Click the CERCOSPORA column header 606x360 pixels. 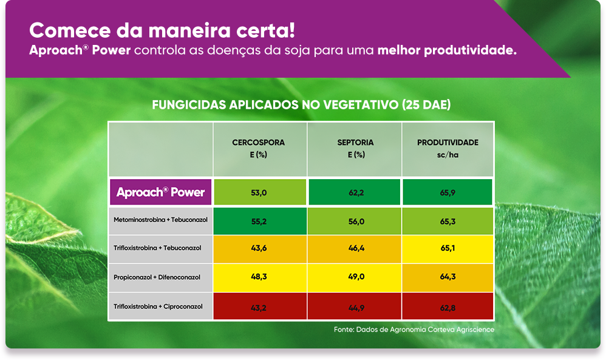pos(259,149)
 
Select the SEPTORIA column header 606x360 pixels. pos(355,149)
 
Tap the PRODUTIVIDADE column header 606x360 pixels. pos(448,149)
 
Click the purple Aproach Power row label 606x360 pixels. pos(161,192)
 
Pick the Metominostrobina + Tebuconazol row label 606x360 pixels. pos(160,220)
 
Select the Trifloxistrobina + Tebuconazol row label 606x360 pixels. pos(157,248)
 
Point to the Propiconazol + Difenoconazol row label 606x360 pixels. pos(157,277)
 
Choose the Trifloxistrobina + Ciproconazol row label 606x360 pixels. pos(158,307)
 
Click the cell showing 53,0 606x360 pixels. pos(260,192)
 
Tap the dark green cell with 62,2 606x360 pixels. pos(355,192)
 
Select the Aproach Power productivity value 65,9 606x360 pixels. pos(448,192)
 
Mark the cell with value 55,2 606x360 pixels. pos(260,221)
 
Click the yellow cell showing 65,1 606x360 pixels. pos(448,249)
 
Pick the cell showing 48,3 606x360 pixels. pos(260,277)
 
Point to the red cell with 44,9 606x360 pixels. pos(355,307)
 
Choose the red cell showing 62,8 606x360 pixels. pos(448,307)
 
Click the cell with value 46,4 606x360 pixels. pos(355,249)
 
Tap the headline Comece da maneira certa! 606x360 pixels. pos(162,30)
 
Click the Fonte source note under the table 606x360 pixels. pos(414,330)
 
